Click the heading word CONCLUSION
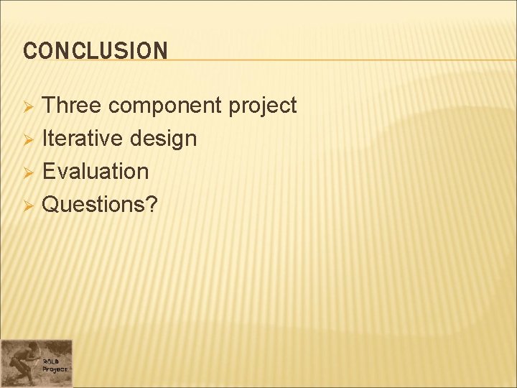(x=96, y=51)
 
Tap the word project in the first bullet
(x=263, y=106)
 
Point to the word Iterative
(x=83, y=138)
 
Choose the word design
(x=164, y=139)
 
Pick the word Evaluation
(x=96, y=171)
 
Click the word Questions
(x=94, y=204)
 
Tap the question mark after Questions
(x=152, y=204)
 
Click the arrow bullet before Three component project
(x=29, y=107)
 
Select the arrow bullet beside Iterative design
(x=29, y=139)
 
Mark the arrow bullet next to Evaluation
(x=29, y=172)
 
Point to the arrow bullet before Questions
(x=29, y=205)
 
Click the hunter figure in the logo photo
(x=24, y=359)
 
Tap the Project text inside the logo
(x=55, y=369)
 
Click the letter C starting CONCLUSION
(x=29, y=51)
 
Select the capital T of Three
(x=49, y=106)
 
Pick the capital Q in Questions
(x=50, y=204)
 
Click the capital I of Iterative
(x=45, y=138)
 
